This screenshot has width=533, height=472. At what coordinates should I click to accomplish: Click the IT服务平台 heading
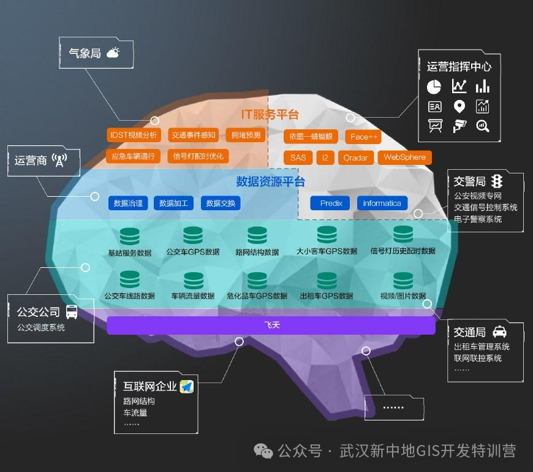coord(270,114)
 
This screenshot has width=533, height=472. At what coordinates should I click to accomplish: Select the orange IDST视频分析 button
coord(132,135)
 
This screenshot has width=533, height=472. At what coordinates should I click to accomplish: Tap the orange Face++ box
coord(364,137)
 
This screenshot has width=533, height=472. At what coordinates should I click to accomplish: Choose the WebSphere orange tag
coord(404,158)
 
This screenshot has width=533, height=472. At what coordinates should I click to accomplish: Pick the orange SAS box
coord(298,158)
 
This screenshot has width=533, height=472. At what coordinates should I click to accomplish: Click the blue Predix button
coord(331,203)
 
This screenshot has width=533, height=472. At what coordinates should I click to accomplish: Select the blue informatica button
coord(382,203)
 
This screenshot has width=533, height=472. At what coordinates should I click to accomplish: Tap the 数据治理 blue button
coord(128,203)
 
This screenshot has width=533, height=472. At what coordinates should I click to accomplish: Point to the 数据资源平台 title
coord(270,181)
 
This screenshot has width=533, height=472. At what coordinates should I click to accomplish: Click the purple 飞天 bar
coord(271,325)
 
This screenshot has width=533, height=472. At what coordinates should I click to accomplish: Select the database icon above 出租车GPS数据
coord(327,280)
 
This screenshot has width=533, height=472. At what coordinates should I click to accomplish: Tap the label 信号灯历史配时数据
coord(403,251)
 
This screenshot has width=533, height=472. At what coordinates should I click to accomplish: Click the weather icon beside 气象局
coord(113,53)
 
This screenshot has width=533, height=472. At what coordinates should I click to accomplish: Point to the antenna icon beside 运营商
coord(59,161)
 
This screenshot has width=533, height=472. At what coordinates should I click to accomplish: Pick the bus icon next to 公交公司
coord(72,311)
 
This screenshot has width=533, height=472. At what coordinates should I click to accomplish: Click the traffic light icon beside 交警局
coord(497,181)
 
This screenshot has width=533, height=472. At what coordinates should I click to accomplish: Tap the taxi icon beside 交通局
coord(499,332)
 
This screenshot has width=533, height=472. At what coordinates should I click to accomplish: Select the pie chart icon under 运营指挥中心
coord(434,86)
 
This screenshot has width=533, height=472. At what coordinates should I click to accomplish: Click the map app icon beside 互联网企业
coord(186,386)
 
